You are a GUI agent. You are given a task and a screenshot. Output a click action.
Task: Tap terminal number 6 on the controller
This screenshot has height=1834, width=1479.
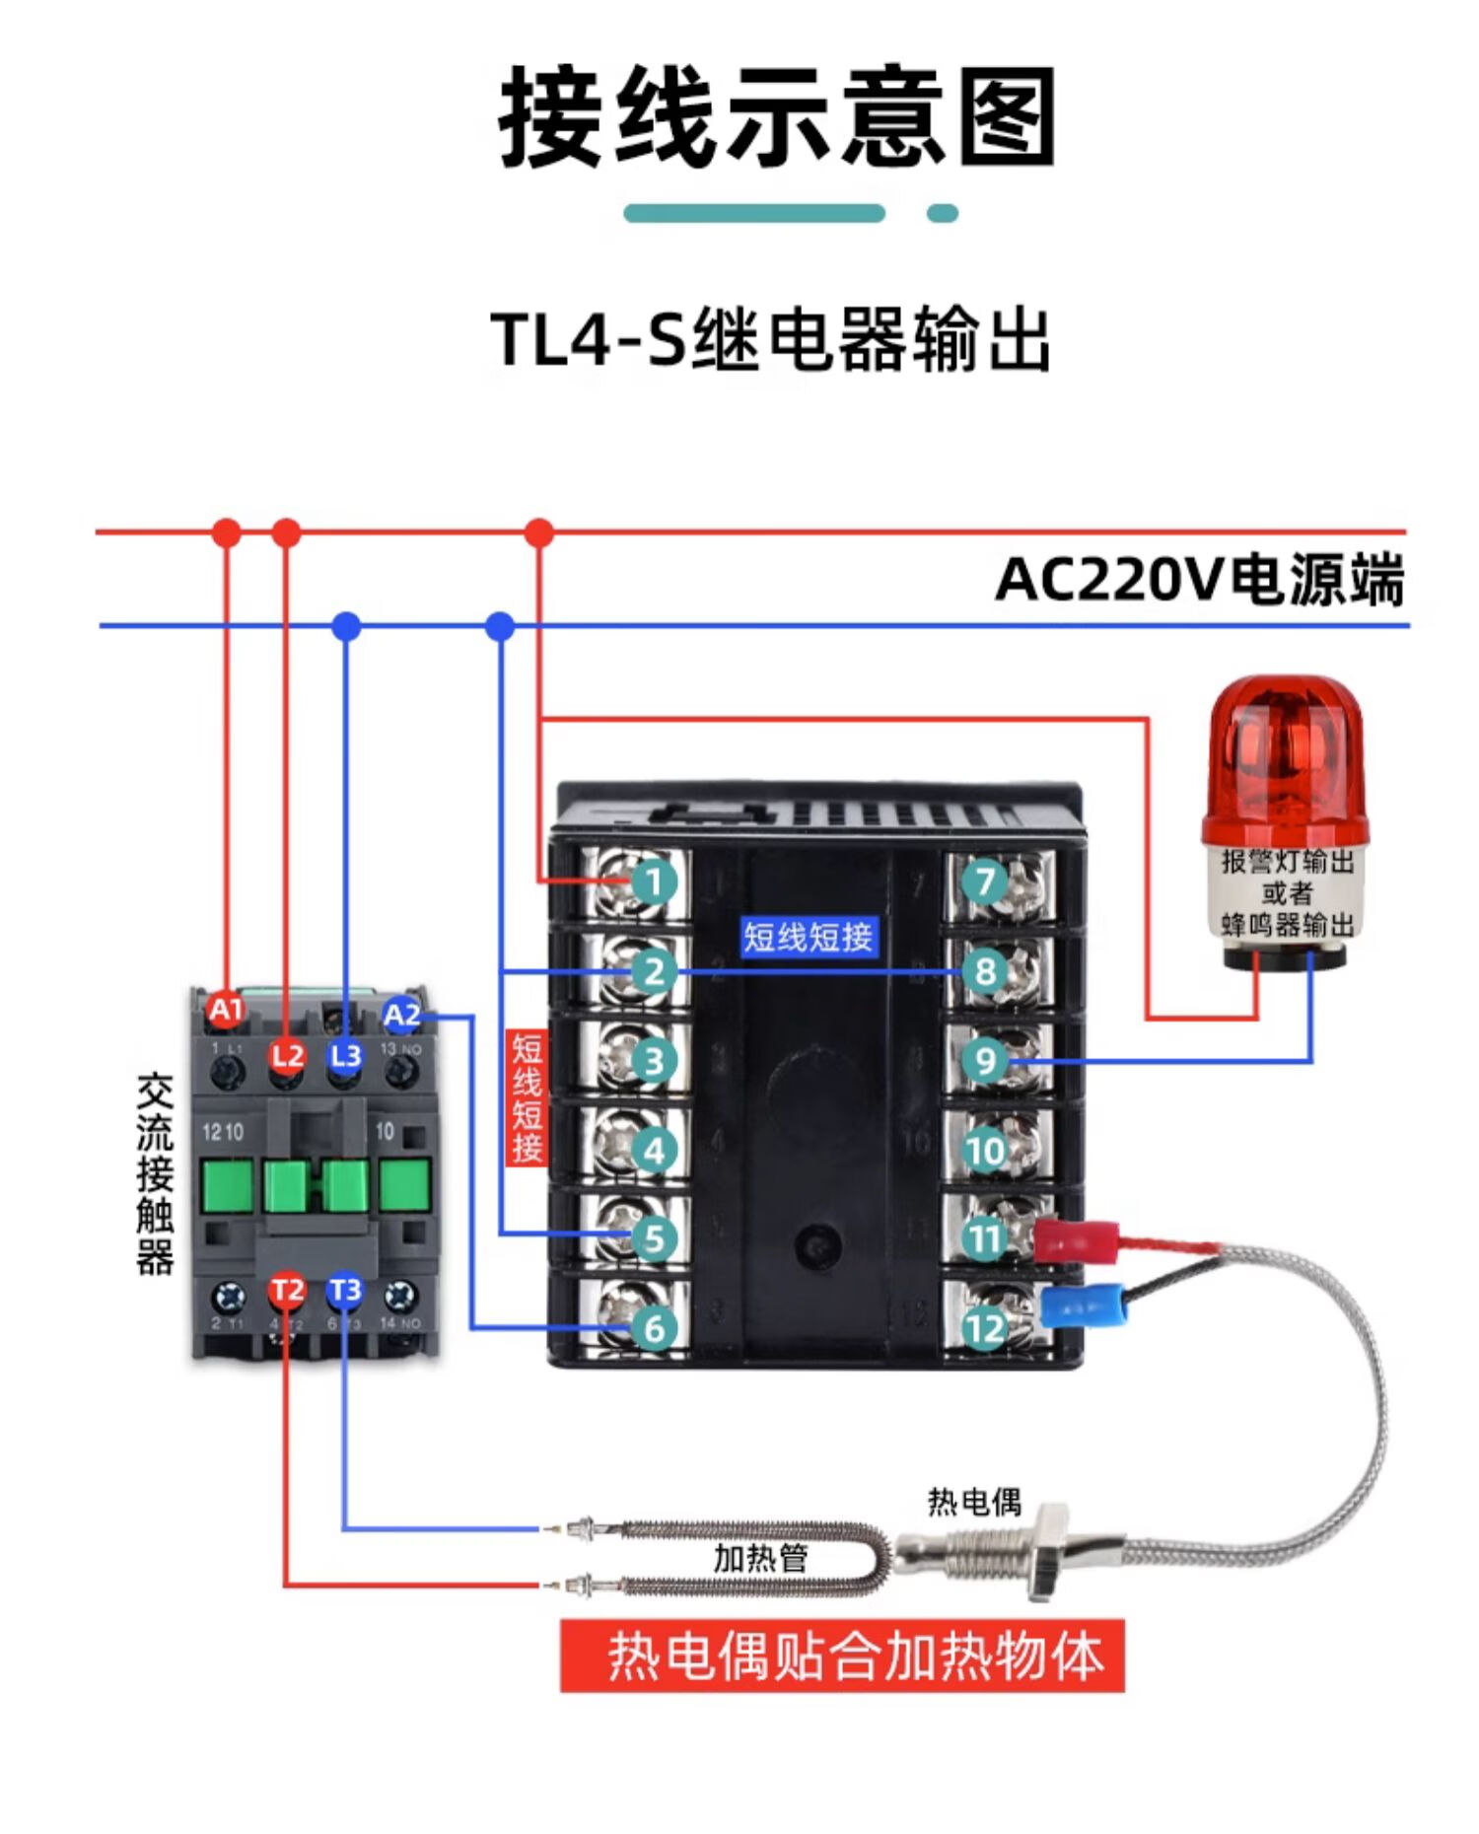653,1327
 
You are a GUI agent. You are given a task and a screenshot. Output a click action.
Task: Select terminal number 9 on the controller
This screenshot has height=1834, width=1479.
985,1061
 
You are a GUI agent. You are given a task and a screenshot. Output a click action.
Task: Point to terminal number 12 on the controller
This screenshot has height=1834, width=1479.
985,1328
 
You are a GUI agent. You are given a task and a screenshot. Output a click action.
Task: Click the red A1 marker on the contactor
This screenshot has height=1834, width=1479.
226,1010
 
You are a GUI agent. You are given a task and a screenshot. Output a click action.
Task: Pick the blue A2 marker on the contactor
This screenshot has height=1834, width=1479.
402,1015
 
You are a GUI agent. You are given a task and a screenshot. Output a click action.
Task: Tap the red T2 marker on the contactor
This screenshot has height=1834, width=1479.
287,1290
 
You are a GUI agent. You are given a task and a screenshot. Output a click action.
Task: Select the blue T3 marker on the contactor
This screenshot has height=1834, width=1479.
345,1290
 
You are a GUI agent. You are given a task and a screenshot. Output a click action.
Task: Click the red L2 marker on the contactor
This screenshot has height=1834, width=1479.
287,1056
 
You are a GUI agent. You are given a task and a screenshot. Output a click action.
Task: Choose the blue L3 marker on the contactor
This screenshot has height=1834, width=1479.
345,1056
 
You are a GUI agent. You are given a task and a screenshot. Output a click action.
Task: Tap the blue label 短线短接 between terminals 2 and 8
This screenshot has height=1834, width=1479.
808,937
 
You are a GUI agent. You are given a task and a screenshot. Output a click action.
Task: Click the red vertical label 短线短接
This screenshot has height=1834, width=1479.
527,1098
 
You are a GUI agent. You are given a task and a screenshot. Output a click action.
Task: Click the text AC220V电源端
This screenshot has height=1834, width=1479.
1199,580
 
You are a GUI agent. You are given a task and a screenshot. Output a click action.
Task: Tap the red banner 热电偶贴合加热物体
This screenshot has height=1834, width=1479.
842,1656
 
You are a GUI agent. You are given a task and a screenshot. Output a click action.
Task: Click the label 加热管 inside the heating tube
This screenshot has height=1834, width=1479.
760,1558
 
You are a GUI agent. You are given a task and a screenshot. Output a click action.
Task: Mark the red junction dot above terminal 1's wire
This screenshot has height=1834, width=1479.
538,533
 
